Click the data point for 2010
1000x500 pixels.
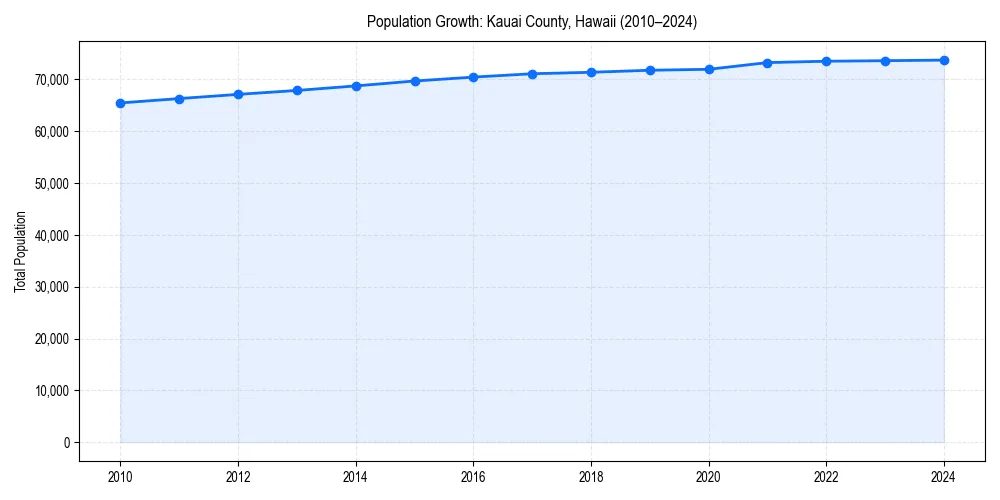(x=120, y=103)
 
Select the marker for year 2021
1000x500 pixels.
(x=767, y=63)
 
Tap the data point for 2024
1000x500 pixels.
(x=944, y=60)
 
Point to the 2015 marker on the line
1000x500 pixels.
(x=415, y=81)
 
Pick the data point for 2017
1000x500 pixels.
(x=532, y=74)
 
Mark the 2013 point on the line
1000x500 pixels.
(x=297, y=91)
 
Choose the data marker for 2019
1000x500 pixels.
(x=650, y=70)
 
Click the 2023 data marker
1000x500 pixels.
(x=885, y=61)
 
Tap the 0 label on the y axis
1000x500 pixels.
(x=66, y=443)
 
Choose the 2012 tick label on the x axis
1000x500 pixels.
(x=238, y=477)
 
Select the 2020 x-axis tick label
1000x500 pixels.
(x=709, y=477)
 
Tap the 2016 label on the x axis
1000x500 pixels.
(x=473, y=477)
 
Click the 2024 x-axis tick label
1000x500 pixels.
(x=944, y=477)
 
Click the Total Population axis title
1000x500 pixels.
(x=20, y=251)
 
